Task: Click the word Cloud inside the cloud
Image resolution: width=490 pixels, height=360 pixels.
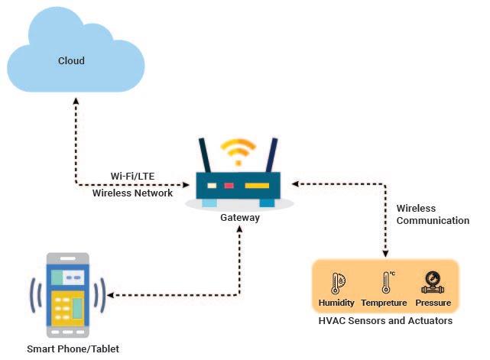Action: [72, 60]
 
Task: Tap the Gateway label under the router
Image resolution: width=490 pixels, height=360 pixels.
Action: [239, 218]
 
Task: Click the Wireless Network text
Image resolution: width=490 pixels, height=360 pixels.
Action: [132, 193]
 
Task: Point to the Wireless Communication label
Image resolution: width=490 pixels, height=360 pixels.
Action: [432, 214]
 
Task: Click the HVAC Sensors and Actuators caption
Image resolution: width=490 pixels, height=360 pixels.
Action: [385, 321]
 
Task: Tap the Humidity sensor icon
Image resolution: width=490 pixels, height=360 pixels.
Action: [336, 284]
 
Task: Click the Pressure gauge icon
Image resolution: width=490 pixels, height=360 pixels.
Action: [432, 284]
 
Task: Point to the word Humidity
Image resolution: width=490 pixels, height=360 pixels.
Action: [336, 303]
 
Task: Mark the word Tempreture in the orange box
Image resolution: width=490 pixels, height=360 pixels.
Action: [385, 303]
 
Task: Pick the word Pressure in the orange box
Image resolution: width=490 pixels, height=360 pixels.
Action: [433, 303]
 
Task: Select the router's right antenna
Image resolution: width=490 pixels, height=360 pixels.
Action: [270, 157]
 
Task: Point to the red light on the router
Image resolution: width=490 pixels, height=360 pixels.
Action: [229, 186]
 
